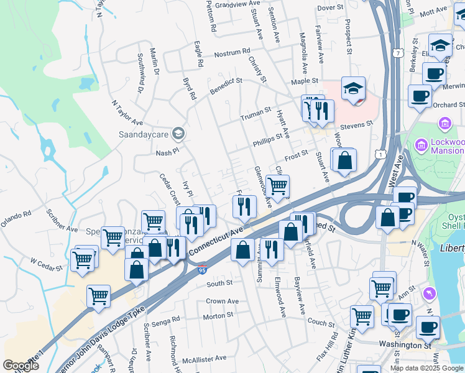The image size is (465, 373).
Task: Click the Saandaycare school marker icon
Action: click(x=178, y=133)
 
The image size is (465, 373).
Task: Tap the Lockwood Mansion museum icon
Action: click(x=444, y=124)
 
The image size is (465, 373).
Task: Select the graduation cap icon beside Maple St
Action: click(x=353, y=89)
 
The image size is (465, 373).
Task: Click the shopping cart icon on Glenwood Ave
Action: click(x=277, y=185)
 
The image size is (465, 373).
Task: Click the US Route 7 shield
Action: click(x=395, y=54)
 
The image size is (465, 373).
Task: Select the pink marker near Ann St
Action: click(x=426, y=292)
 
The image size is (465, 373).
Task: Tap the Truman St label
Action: click(x=256, y=113)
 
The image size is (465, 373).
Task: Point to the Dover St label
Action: click(x=330, y=8)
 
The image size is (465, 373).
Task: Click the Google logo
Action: click(x=21, y=366)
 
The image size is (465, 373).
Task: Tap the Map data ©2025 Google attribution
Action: click(x=426, y=367)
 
